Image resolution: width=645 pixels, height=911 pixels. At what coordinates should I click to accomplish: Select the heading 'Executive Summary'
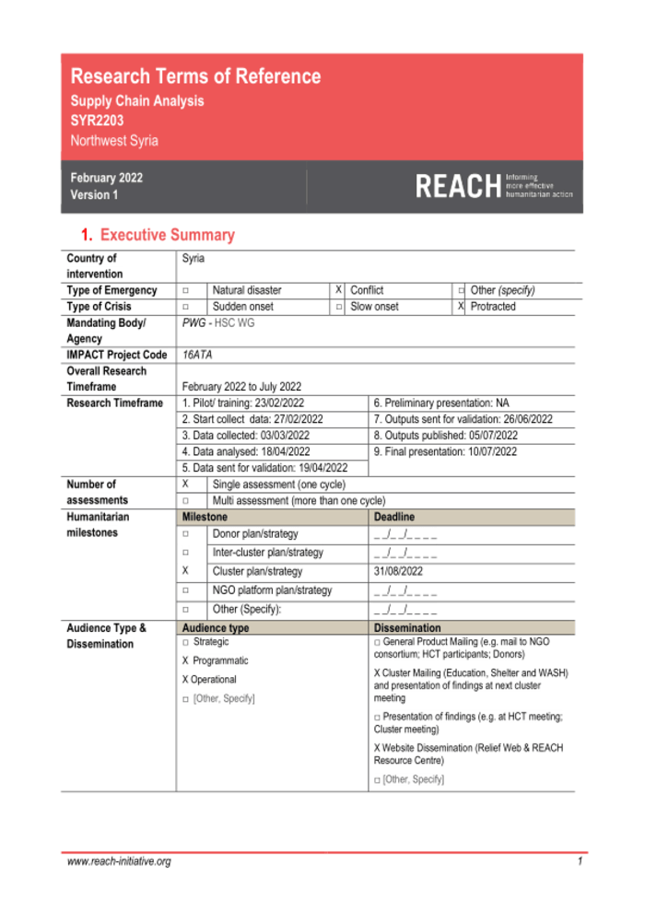tap(167, 235)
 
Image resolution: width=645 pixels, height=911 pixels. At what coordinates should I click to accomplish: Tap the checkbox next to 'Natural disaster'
tap(186, 290)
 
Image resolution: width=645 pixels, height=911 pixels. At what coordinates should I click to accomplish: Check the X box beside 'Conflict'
tap(339, 290)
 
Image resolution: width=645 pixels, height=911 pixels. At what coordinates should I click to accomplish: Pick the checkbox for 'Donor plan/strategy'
tap(186, 533)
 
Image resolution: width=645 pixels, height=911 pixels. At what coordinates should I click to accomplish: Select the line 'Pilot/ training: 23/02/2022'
tap(243, 403)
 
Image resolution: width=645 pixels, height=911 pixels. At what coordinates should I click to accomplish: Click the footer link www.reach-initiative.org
tap(119, 862)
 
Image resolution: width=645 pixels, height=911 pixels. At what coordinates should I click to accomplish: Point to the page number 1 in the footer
tap(580, 862)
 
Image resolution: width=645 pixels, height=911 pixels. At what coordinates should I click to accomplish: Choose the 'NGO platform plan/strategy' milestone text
tap(272, 590)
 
